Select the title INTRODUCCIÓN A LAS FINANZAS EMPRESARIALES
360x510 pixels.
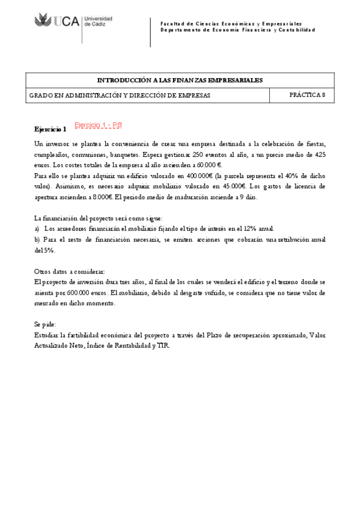pos(180,79)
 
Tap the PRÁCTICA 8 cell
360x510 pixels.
pos(307,94)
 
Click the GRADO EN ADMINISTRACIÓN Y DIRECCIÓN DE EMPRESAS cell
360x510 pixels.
pos(120,95)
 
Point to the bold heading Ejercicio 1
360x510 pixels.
pos(50,129)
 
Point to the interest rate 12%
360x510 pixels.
pos(249,229)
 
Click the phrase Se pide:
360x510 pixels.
pos(44,324)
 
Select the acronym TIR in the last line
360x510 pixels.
pos(163,346)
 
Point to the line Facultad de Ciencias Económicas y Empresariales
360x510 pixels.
pos(231,22)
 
